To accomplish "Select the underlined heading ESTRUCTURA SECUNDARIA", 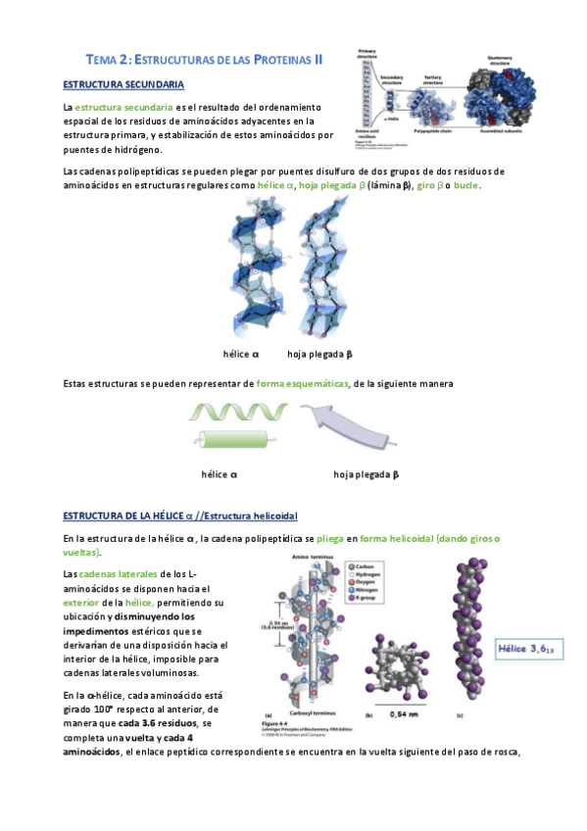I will pos(122,85).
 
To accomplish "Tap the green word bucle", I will pos(466,185).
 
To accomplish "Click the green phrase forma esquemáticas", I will pos(302,383).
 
